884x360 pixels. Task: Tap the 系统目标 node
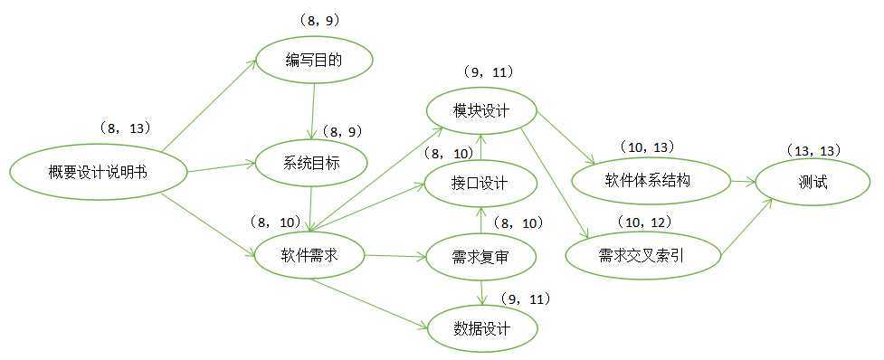pos(310,164)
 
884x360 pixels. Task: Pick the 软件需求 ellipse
pos(309,255)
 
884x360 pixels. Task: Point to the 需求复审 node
pos(480,257)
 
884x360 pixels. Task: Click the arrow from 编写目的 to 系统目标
pos(312,112)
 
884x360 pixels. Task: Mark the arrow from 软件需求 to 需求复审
pos(394,256)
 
